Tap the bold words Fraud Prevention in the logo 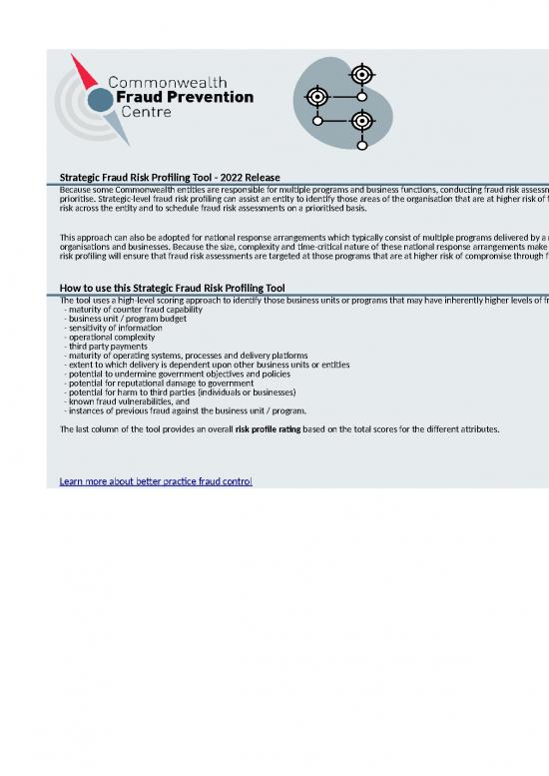click(186, 97)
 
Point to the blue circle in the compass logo click(100, 100)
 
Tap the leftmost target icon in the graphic click(317, 97)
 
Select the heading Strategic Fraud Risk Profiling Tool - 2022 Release click(170, 177)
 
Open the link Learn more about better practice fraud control click(156, 481)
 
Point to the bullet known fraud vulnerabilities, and click(127, 400)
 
